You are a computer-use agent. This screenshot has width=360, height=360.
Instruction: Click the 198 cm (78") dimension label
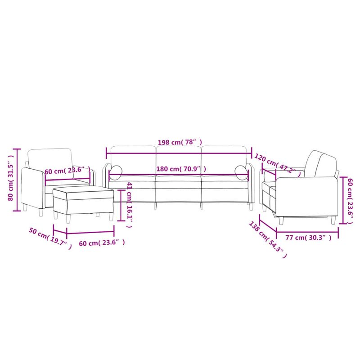pyautogui.click(x=178, y=142)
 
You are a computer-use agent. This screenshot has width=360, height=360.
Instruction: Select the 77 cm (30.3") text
pyautogui.click(x=306, y=238)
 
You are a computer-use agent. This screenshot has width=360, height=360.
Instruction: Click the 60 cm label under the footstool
pyautogui.click(x=101, y=243)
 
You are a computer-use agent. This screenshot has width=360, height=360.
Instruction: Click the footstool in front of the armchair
pyautogui.click(x=83, y=200)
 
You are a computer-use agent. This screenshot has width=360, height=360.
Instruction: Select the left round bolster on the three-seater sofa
pyautogui.click(x=116, y=172)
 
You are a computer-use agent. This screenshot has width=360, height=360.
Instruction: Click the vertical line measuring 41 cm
pyautogui.click(x=120, y=205)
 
